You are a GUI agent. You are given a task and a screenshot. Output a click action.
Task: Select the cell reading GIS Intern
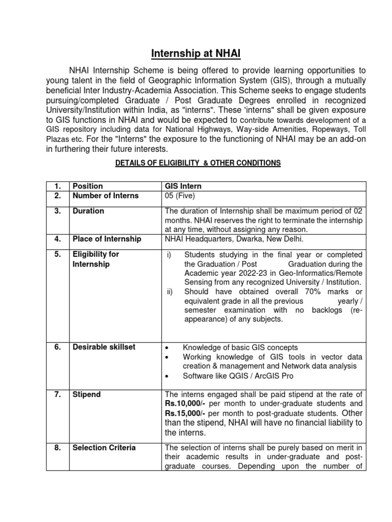pyautogui.click(x=179, y=186)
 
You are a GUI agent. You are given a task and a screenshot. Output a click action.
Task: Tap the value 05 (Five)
pyautogui.click(x=180, y=196)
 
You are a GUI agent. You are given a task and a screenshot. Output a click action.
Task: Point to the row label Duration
pyautogui.click(x=88, y=211)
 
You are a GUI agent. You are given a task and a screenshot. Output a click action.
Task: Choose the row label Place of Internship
pyautogui.click(x=106, y=239)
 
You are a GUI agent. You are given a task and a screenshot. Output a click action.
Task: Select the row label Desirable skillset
pyautogui.click(x=104, y=347)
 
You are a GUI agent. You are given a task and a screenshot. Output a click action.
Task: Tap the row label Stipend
pyautogui.click(x=87, y=395)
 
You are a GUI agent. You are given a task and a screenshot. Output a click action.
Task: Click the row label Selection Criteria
pyautogui.click(x=104, y=448)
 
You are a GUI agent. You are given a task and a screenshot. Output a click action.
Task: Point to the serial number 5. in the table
pyautogui.click(x=57, y=254)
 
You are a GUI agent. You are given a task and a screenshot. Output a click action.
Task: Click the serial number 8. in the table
pyautogui.click(x=57, y=448)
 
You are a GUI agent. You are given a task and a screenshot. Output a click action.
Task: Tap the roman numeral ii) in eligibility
pyautogui.click(x=170, y=292)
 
